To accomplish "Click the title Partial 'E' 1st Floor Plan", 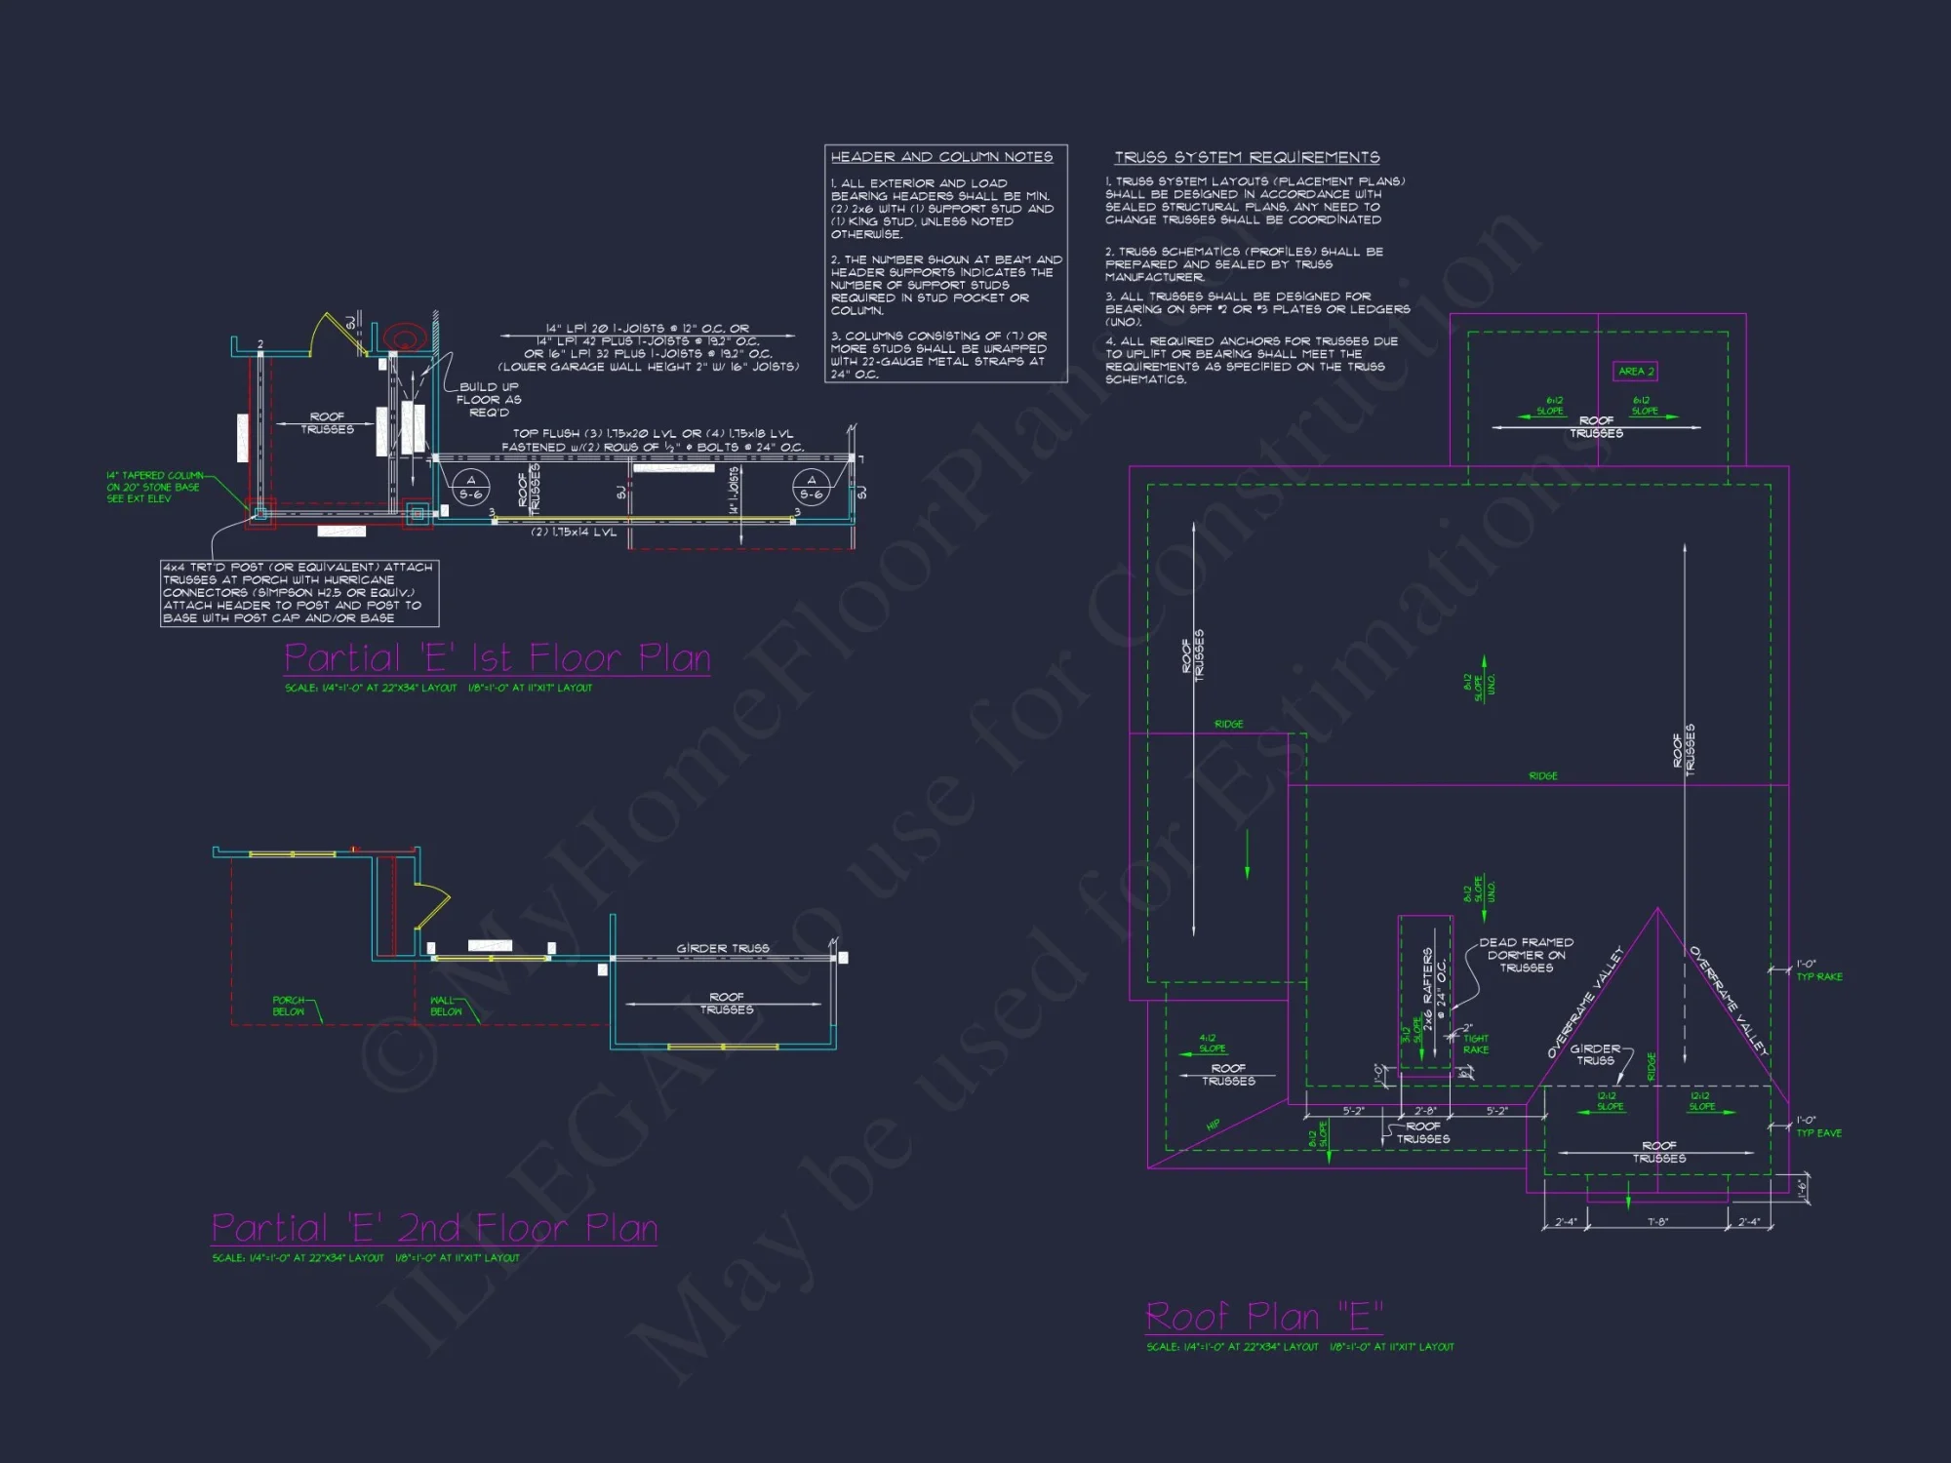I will point(497,658).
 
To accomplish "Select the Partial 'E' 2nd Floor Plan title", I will point(434,1228).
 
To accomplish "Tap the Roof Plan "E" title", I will point(1263,1317).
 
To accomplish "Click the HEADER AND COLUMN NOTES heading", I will point(941,157).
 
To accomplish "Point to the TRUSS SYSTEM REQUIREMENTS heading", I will point(1247,157).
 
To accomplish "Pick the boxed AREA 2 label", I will point(1636,372).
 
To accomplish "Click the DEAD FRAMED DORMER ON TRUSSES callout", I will point(1526,955).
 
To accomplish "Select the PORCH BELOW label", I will point(288,1006).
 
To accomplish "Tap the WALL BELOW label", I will point(445,1006).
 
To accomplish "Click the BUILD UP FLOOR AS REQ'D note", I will point(489,399).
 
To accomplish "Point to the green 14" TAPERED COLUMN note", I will point(153,487).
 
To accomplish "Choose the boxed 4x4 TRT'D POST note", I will point(299,592).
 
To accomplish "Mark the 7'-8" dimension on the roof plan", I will point(1657,1222).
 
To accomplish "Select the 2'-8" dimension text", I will point(1425,1111).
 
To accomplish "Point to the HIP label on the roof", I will point(1213,1125).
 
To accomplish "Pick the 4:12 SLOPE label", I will point(1211,1044).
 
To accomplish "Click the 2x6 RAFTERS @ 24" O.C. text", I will point(1433,988).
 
